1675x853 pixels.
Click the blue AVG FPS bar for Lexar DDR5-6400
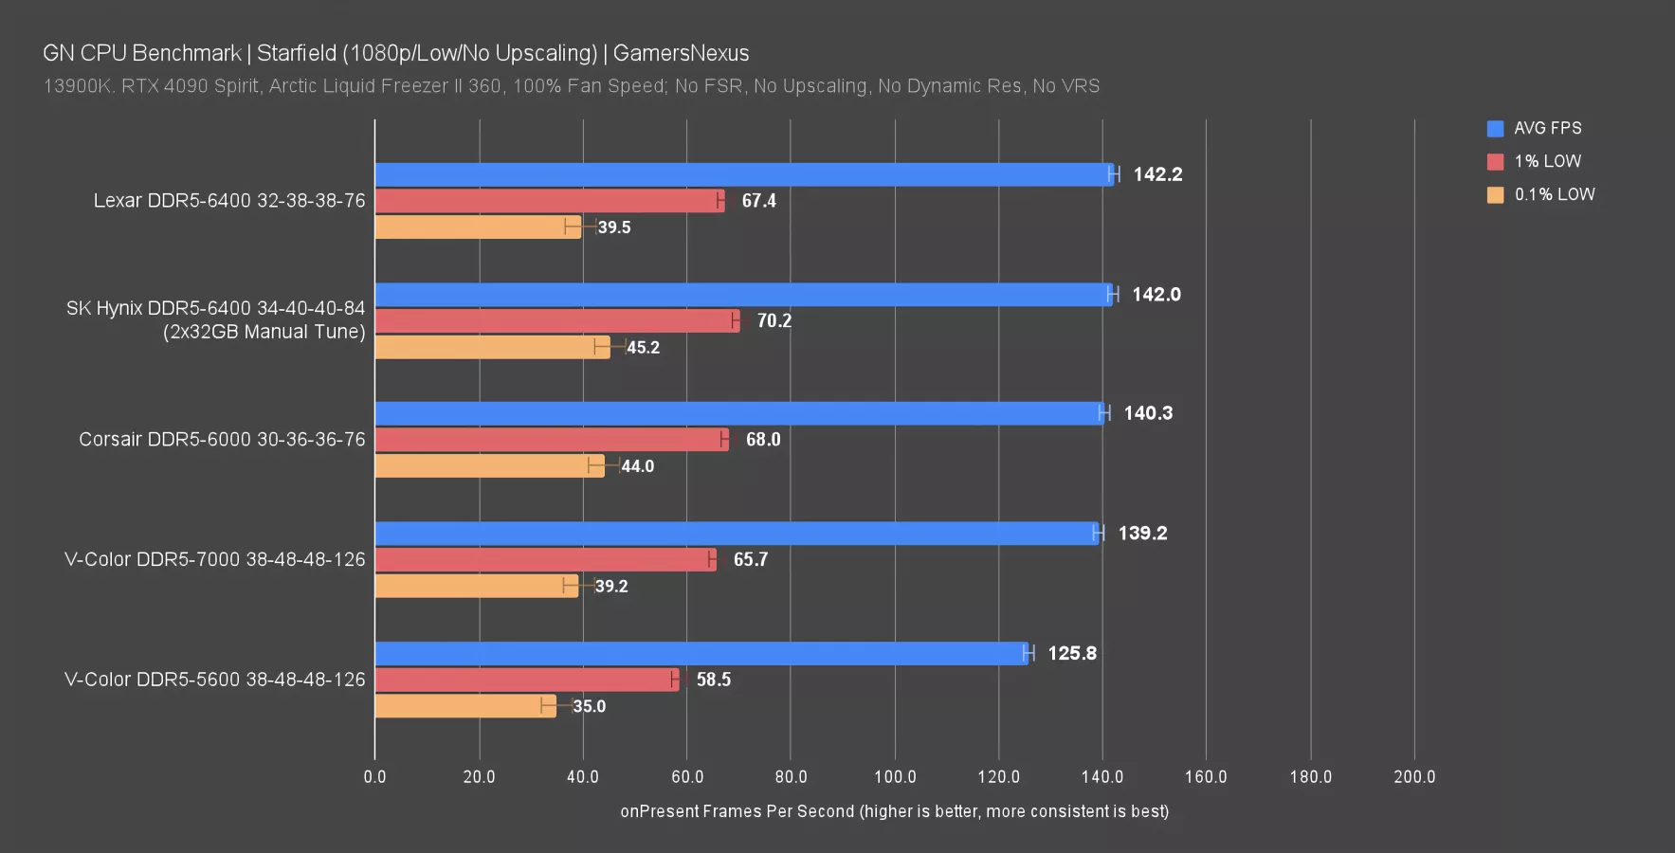click(744, 174)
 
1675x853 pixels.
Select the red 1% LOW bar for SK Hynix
click(557, 321)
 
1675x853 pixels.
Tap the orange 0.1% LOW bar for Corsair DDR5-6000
click(489, 466)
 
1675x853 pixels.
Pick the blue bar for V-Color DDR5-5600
click(701, 653)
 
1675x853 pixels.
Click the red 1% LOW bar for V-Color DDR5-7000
click(545, 560)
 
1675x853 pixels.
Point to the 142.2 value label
click(1157, 174)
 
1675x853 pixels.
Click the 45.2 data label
click(643, 348)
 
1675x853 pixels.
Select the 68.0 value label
click(763, 440)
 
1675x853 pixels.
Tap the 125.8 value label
click(1072, 653)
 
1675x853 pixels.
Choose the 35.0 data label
click(589, 706)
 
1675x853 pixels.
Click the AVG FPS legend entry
click(1547, 128)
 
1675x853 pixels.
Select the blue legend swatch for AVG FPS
click(1495, 129)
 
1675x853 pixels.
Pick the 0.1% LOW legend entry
click(1554, 194)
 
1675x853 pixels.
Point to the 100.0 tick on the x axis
click(895, 777)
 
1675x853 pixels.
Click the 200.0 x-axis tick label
click(1414, 777)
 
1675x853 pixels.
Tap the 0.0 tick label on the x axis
click(374, 777)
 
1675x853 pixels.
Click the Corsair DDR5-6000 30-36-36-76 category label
click(222, 440)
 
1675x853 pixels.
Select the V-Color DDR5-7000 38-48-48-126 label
click(214, 560)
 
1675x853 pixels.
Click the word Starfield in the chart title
click(296, 53)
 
